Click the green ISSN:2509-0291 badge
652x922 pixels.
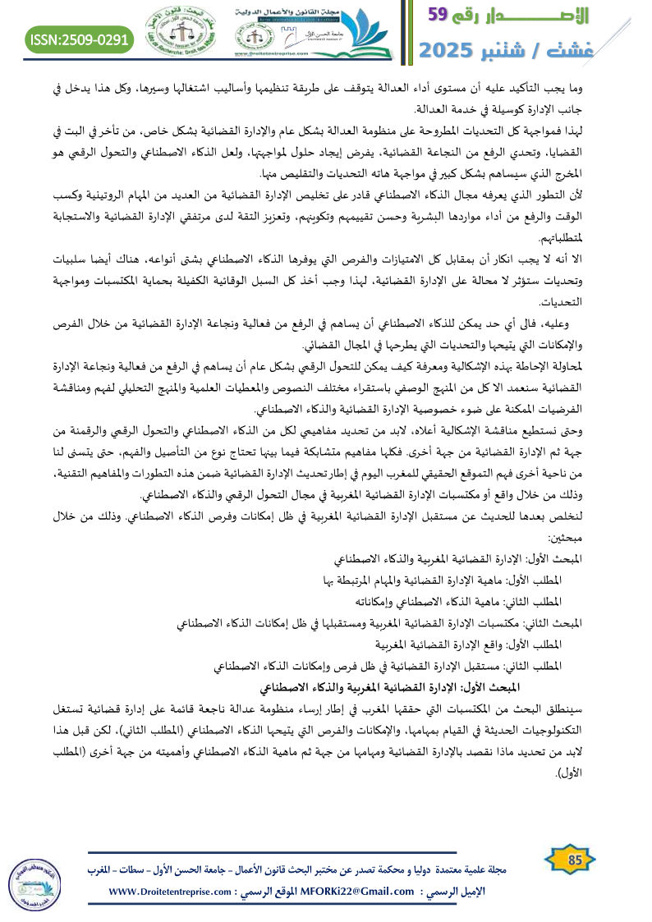click(x=80, y=39)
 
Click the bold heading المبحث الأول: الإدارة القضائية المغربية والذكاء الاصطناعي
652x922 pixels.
click(x=393, y=684)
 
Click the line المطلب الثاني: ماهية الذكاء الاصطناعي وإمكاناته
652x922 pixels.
click(x=460, y=601)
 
